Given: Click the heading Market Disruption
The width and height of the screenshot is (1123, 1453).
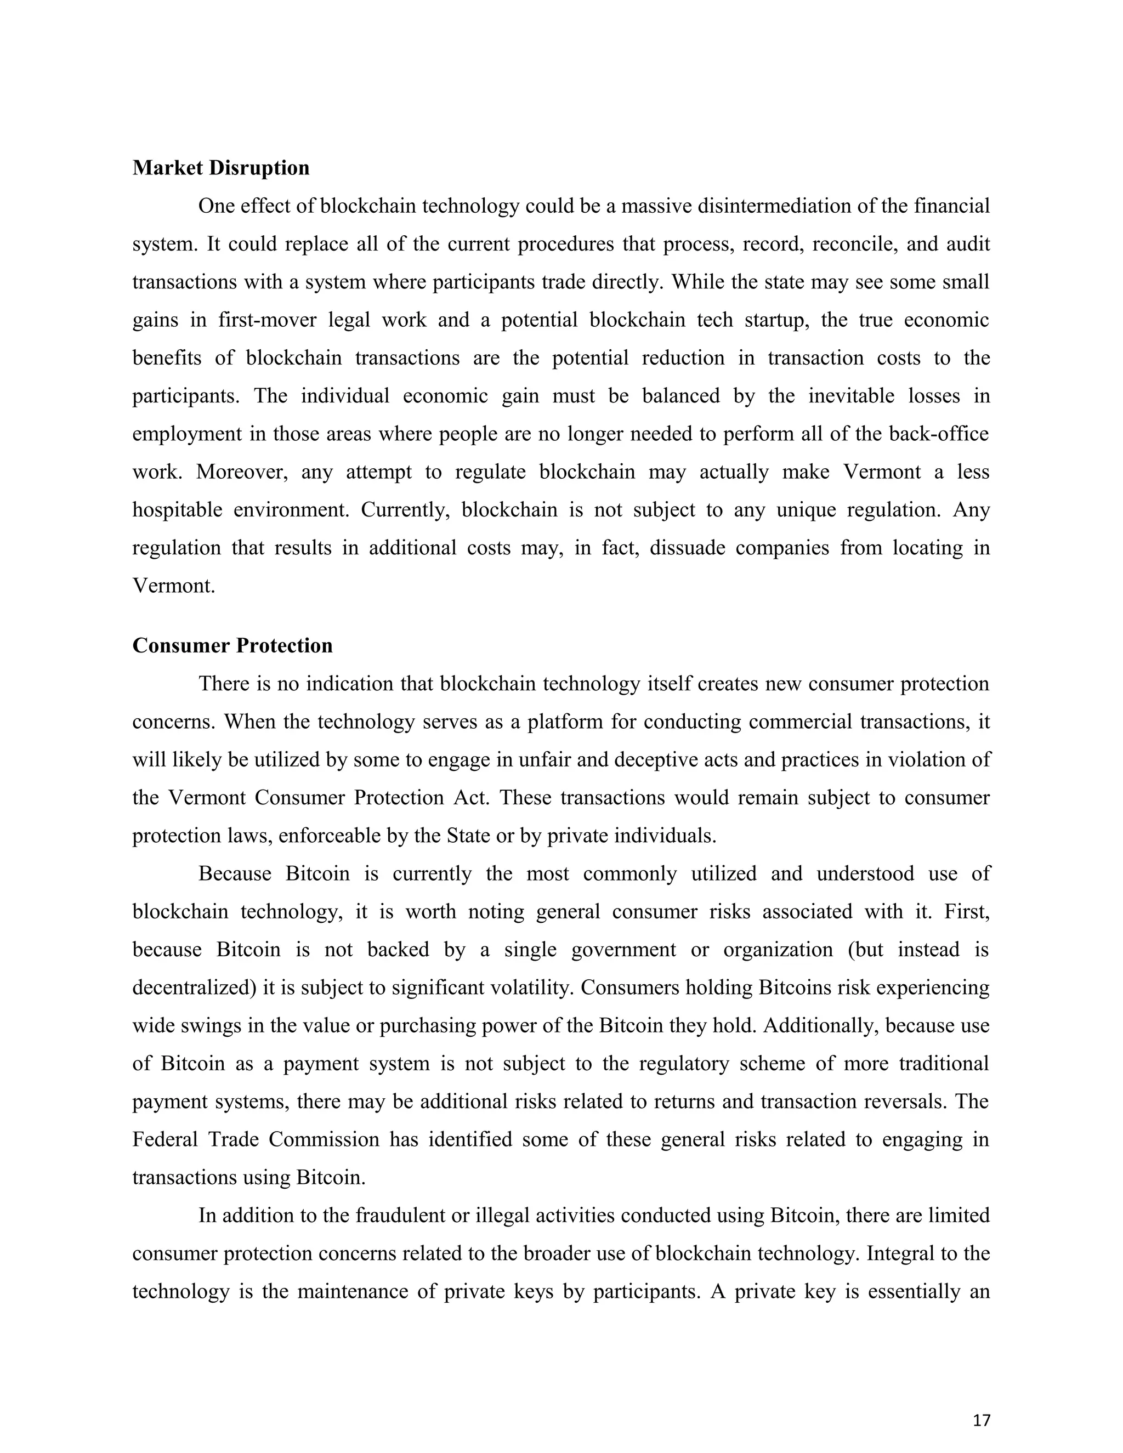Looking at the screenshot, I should pos(221,168).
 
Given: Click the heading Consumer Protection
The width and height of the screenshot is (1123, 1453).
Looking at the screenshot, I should pos(232,645).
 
